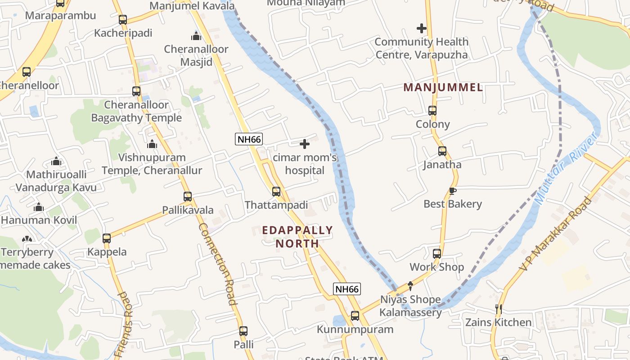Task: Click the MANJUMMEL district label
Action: tap(443, 87)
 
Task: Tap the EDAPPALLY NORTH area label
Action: tap(297, 237)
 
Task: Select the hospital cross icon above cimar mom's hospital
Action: tap(305, 144)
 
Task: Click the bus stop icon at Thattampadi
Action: tap(276, 192)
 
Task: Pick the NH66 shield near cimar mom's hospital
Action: tap(249, 139)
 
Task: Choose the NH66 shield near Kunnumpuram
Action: tap(347, 289)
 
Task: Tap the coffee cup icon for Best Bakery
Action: tap(452, 191)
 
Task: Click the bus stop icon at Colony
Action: tap(432, 111)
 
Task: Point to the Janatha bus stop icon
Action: tap(442, 151)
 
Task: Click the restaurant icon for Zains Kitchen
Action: tap(498, 309)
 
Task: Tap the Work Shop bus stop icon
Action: tap(437, 254)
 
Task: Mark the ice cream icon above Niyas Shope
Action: tap(410, 286)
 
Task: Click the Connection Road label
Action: tap(218, 264)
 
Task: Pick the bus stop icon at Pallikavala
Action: tap(188, 197)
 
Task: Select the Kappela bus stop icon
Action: tap(107, 238)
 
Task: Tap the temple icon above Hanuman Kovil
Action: tap(39, 207)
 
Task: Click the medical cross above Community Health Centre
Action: tap(421, 29)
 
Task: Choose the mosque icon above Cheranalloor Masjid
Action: tap(196, 36)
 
